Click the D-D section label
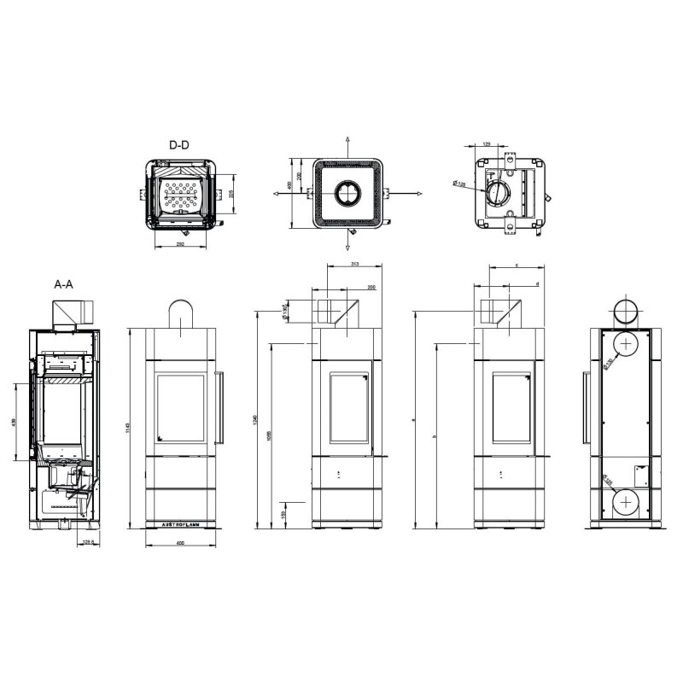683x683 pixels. pos(178,145)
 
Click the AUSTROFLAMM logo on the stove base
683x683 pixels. pos(179,523)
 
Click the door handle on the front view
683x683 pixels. pos(220,407)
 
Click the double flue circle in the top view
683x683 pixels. pos(347,194)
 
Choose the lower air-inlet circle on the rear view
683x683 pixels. pos(626,501)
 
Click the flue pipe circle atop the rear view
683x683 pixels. pos(626,309)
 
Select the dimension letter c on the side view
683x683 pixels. pos(517,264)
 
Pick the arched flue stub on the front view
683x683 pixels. pos(179,312)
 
